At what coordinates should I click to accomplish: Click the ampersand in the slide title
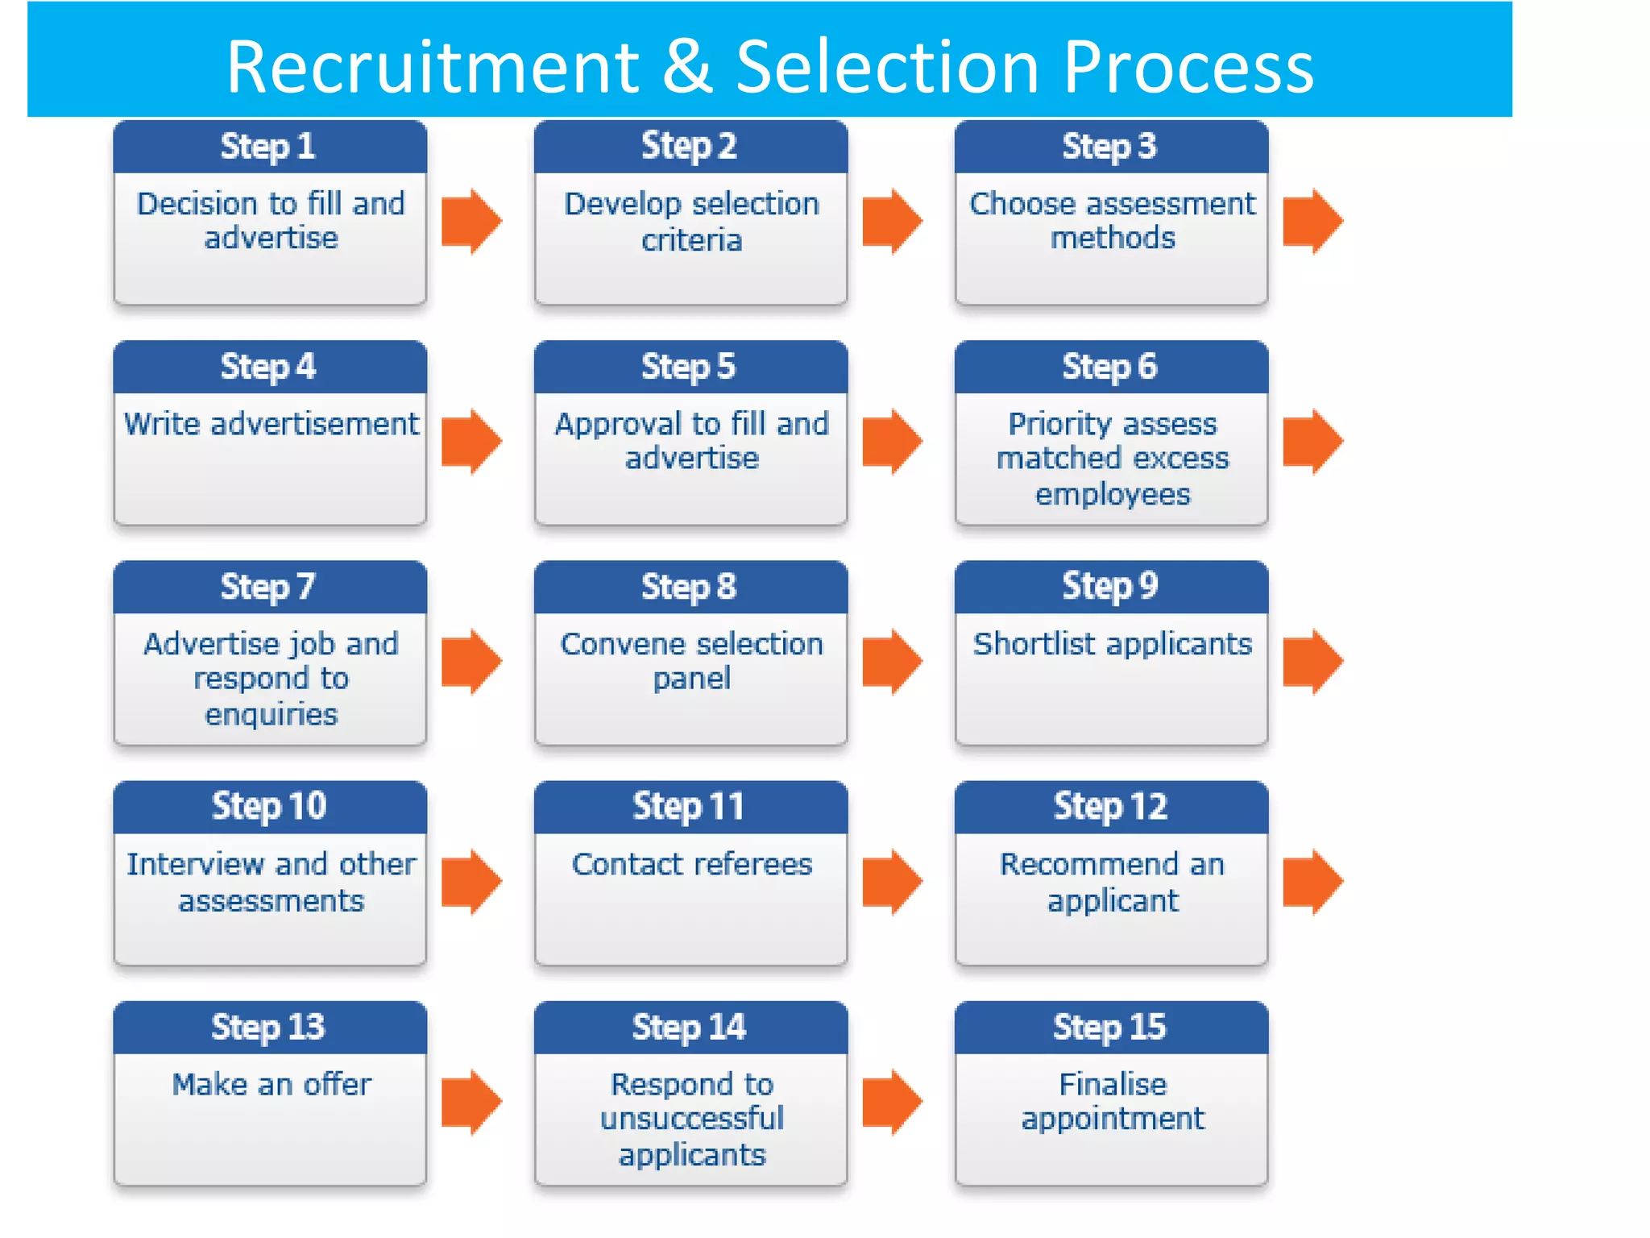point(687,67)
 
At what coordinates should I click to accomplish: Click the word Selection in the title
point(887,67)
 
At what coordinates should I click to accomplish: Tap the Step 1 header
point(269,147)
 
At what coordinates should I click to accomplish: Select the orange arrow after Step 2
point(892,221)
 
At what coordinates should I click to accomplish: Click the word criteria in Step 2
point(691,240)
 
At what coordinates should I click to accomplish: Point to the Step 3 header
point(1110,147)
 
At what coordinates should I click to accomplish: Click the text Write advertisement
point(271,424)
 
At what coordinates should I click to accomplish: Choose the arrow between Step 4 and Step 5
point(471,441)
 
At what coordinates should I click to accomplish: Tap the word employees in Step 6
point(1112,494)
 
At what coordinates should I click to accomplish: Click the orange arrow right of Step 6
point(1312,441)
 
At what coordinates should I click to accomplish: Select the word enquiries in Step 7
point(271,715)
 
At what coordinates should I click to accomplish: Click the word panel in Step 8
point(691,679)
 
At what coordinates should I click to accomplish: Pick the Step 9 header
point(1110,586)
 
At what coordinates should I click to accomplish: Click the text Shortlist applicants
point(1112,644)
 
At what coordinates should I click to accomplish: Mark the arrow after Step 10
point(471,881)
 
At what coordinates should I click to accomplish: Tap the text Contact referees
point(691,864)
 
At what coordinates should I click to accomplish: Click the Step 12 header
point(1110,807)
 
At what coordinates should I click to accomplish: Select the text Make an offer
point(271,1084)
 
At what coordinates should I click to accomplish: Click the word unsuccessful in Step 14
point(691,1119)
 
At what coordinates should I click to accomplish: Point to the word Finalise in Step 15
point(1112,1084)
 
